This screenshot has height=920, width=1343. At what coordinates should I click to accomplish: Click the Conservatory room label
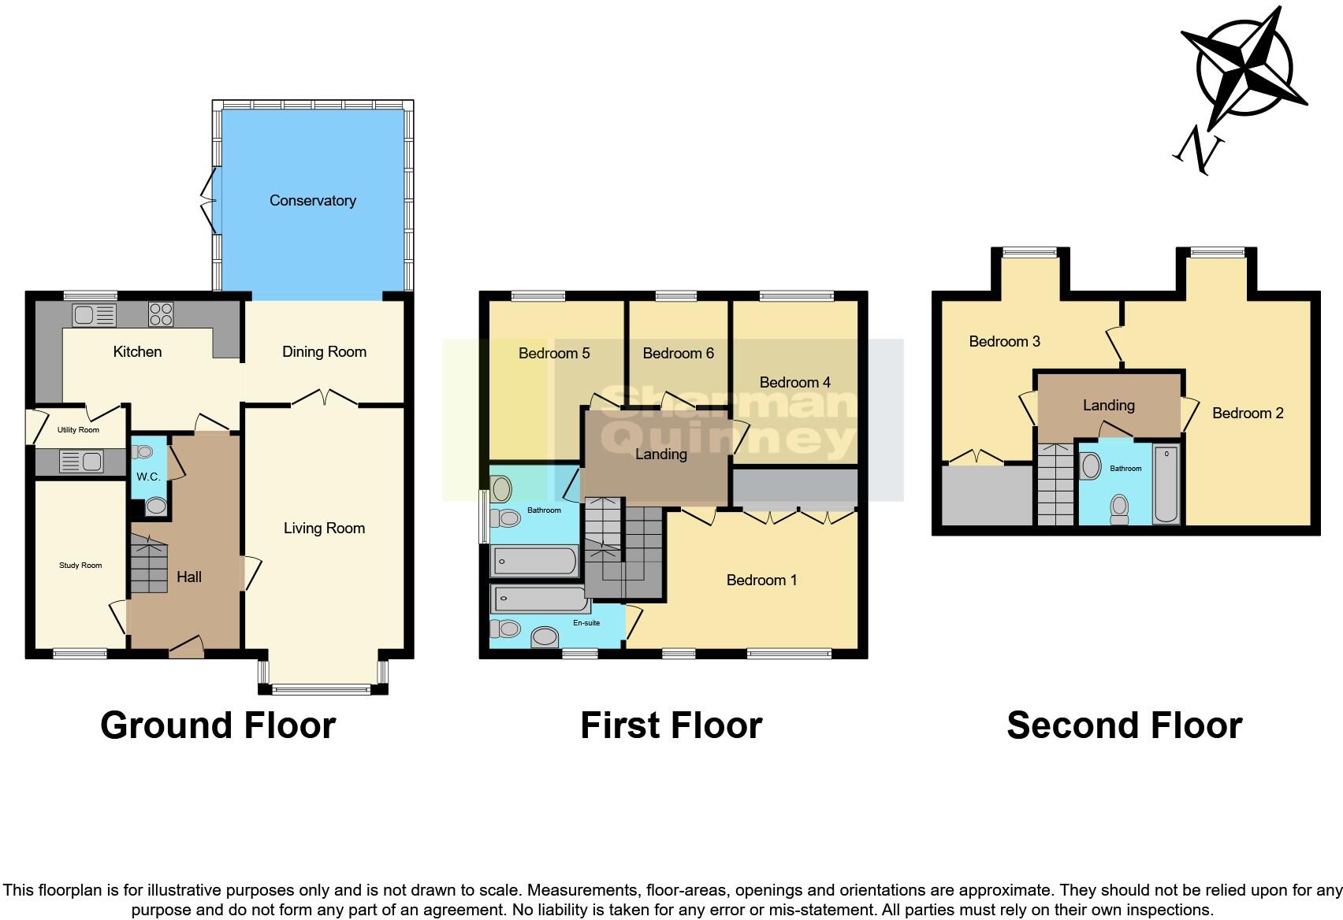point(313,201)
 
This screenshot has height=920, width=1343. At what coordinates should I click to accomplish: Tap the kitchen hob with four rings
point(160,314)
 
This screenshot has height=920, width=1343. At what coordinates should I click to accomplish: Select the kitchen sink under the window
point(94,315)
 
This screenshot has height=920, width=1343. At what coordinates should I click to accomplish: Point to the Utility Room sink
point(81,461)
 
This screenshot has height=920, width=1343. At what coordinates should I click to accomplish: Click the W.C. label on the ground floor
point(148,477)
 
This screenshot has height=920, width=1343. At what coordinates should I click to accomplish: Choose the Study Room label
point(80,566)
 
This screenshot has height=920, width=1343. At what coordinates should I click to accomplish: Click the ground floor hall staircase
point(148,563)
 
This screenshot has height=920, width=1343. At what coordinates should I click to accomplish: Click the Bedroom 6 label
point(678,354)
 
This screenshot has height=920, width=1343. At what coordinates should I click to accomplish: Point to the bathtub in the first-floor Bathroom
point(534,562)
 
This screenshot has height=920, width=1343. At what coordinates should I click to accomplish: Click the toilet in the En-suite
point(505,629)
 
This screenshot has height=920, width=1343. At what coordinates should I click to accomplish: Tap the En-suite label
point(586,623)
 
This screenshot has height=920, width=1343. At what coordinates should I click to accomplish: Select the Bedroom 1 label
point(761,581)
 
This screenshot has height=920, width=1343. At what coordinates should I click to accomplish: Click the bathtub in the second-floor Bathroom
point(1166,485)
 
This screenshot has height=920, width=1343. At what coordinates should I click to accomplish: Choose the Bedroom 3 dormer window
point(1029,253)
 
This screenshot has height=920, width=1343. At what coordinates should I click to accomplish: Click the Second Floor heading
point(1124,725)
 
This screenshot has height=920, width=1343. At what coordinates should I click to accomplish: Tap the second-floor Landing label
point(1108,406)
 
